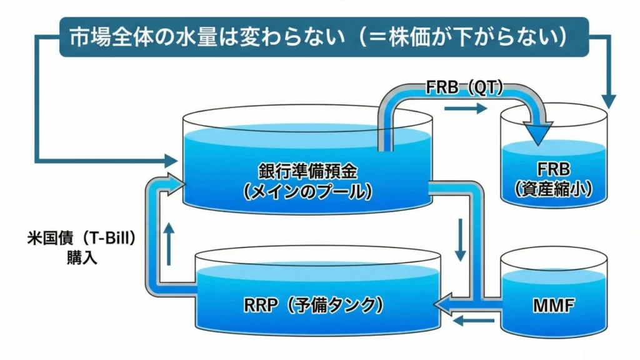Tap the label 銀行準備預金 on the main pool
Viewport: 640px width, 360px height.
tap(307, 171)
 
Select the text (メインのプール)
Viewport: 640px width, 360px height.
tap(307, 192)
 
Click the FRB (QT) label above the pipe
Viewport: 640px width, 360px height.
tap(466, 87)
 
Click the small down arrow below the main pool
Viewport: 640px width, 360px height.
tap(460, 239)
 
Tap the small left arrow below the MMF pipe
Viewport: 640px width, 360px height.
tap(466, 321)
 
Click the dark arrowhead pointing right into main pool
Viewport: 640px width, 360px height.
tap(171, 160)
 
